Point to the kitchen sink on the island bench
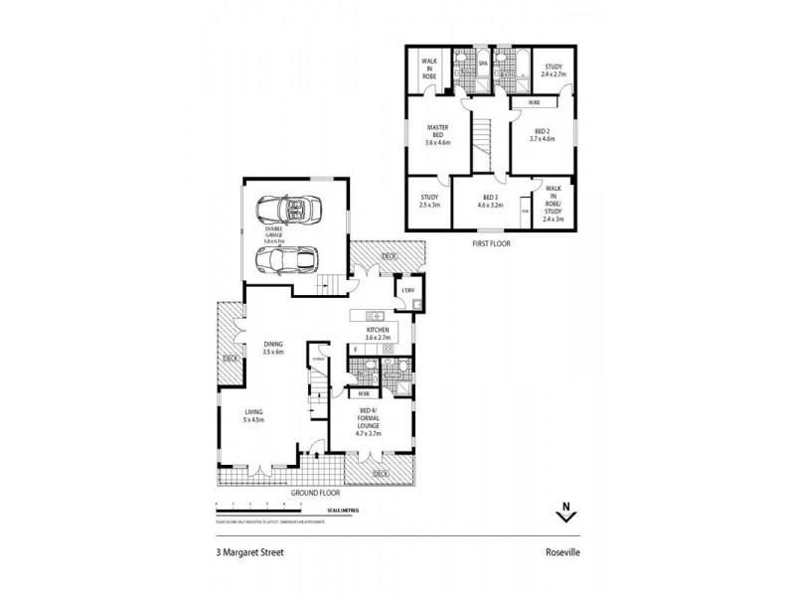(378, 316)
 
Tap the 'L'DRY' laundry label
(408, 291)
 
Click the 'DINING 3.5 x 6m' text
(273, 348)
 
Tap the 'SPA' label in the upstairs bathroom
(484, 62)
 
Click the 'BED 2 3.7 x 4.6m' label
(543, 135)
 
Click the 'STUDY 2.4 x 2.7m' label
(554, 71)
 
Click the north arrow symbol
(565, 514)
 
